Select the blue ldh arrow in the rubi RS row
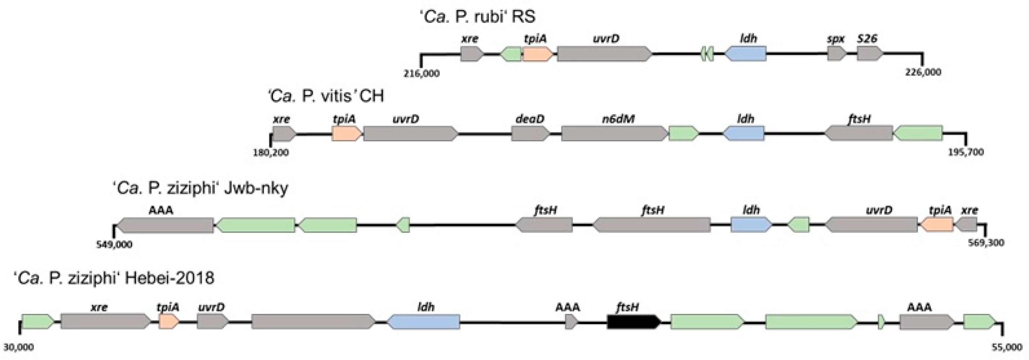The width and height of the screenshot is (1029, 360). click(745, 54)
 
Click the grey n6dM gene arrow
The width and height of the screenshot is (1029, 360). click(614, 134)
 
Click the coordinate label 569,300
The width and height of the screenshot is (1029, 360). click(986, 243)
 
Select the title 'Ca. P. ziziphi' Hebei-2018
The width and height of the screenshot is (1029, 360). click(114, 278)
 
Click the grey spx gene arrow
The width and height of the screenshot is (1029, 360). click(836, 54)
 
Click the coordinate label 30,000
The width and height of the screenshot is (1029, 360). click(19, 347)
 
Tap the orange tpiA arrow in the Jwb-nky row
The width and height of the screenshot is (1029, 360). click(937, 224)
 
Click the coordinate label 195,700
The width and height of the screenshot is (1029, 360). click(966, 152)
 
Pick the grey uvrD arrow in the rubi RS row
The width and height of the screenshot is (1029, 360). click(604, 54)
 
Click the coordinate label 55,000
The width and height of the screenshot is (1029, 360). click(1006, 347)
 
